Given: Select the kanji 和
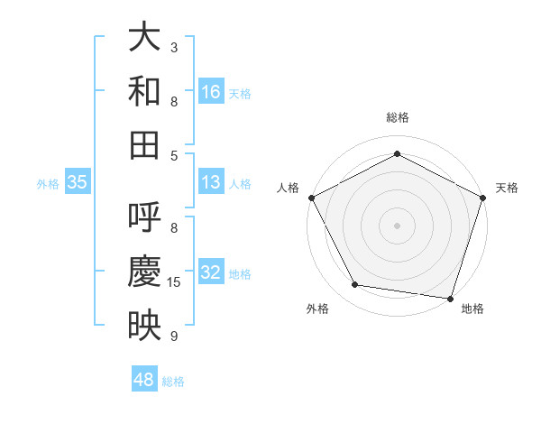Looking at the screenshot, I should pyautogui.click(x=144, y=91).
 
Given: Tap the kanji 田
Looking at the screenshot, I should pyautogui.click(x=144, y=143).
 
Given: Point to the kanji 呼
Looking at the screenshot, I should pyautogui.click(x=144, y=217).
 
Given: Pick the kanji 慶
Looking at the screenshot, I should pyautogui.click(x=144, y=272).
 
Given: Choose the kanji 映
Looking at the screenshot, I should pyautogui.click(x=144, y=325).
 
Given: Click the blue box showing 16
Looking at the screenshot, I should pyautogui.click(x=211, y=91).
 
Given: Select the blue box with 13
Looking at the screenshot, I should pyautogui.click(x=211, y=182).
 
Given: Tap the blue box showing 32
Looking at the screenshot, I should pyautogui.click(x=211, y=272).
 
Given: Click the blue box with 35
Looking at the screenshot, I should pyautogui.click(x=78, y=182).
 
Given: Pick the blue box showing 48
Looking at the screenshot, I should pyautogui.click(x=144, y=380).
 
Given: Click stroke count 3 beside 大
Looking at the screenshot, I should pyautogui.click(x=174, y=47).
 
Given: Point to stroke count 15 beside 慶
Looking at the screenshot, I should pyautogui.click(x=174, y=282).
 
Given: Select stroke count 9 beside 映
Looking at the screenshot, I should pyautogui.click(x=174, y=336).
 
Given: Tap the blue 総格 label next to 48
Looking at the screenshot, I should pyautogui.click(x=173, y=382).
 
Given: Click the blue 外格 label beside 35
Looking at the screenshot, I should pyautogui.click(x=48, y=184).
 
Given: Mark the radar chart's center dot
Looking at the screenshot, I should pyautogui.click(x=397, y=225).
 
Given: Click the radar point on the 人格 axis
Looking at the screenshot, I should pyautogui.click(x=311, y=197).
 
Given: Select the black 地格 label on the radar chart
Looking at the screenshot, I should pyautogui.click(x=472, y=309).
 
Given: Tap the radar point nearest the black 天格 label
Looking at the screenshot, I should pyautogui.click(x=483, y=197).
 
